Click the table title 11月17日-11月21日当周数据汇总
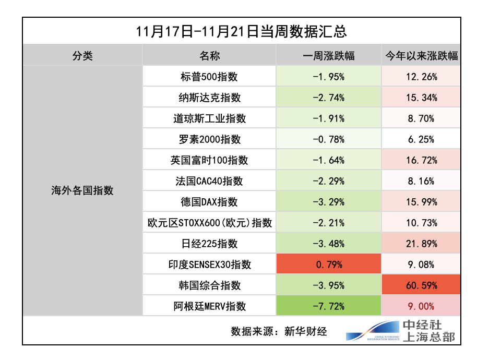click(241, 31)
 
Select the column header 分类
click(82, 55)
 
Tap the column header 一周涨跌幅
click(329, 55)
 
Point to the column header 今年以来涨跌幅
click(421, 55)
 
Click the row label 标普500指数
click(209, 77)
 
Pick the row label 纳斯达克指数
click(209, 98)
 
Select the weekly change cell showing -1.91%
click(329, 118)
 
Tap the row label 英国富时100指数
click(209, 160)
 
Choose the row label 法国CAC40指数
click(209, 181)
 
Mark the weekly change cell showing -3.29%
click(329, 202)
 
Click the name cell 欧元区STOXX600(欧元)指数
click(209, 223)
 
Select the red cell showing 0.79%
click(329, 265)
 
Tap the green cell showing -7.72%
click(329, 306)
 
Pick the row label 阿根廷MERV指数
click(209, 306)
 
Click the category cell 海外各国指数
click(82, 190)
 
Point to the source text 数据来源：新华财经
click(279, 331)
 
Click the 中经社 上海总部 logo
click(402, 331)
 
